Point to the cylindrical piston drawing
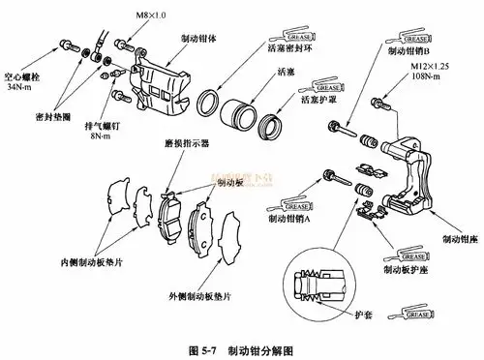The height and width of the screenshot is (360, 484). click(x=238, y=108)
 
